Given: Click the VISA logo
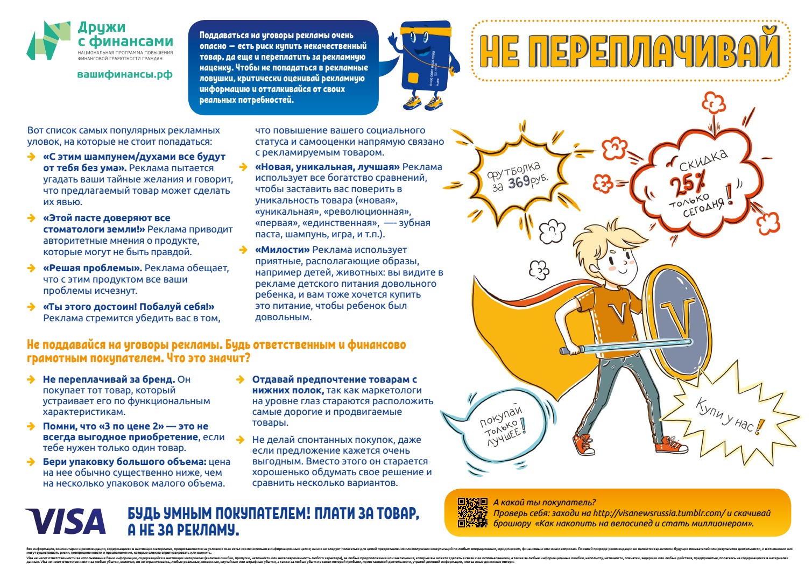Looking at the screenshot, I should point(66,521).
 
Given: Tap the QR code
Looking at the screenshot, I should point(472,512).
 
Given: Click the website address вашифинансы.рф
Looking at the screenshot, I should point(125,74).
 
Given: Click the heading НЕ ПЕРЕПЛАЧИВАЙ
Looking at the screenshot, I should point(630,51).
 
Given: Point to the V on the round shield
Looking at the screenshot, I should point(673,317).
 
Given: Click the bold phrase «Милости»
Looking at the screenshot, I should point(283,250).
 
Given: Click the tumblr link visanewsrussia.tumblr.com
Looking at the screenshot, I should point(659,513).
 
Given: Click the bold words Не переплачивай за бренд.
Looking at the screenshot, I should point(109,379).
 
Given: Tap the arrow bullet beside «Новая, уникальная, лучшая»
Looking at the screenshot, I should point(244,167).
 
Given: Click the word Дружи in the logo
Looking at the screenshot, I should point(102,27).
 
